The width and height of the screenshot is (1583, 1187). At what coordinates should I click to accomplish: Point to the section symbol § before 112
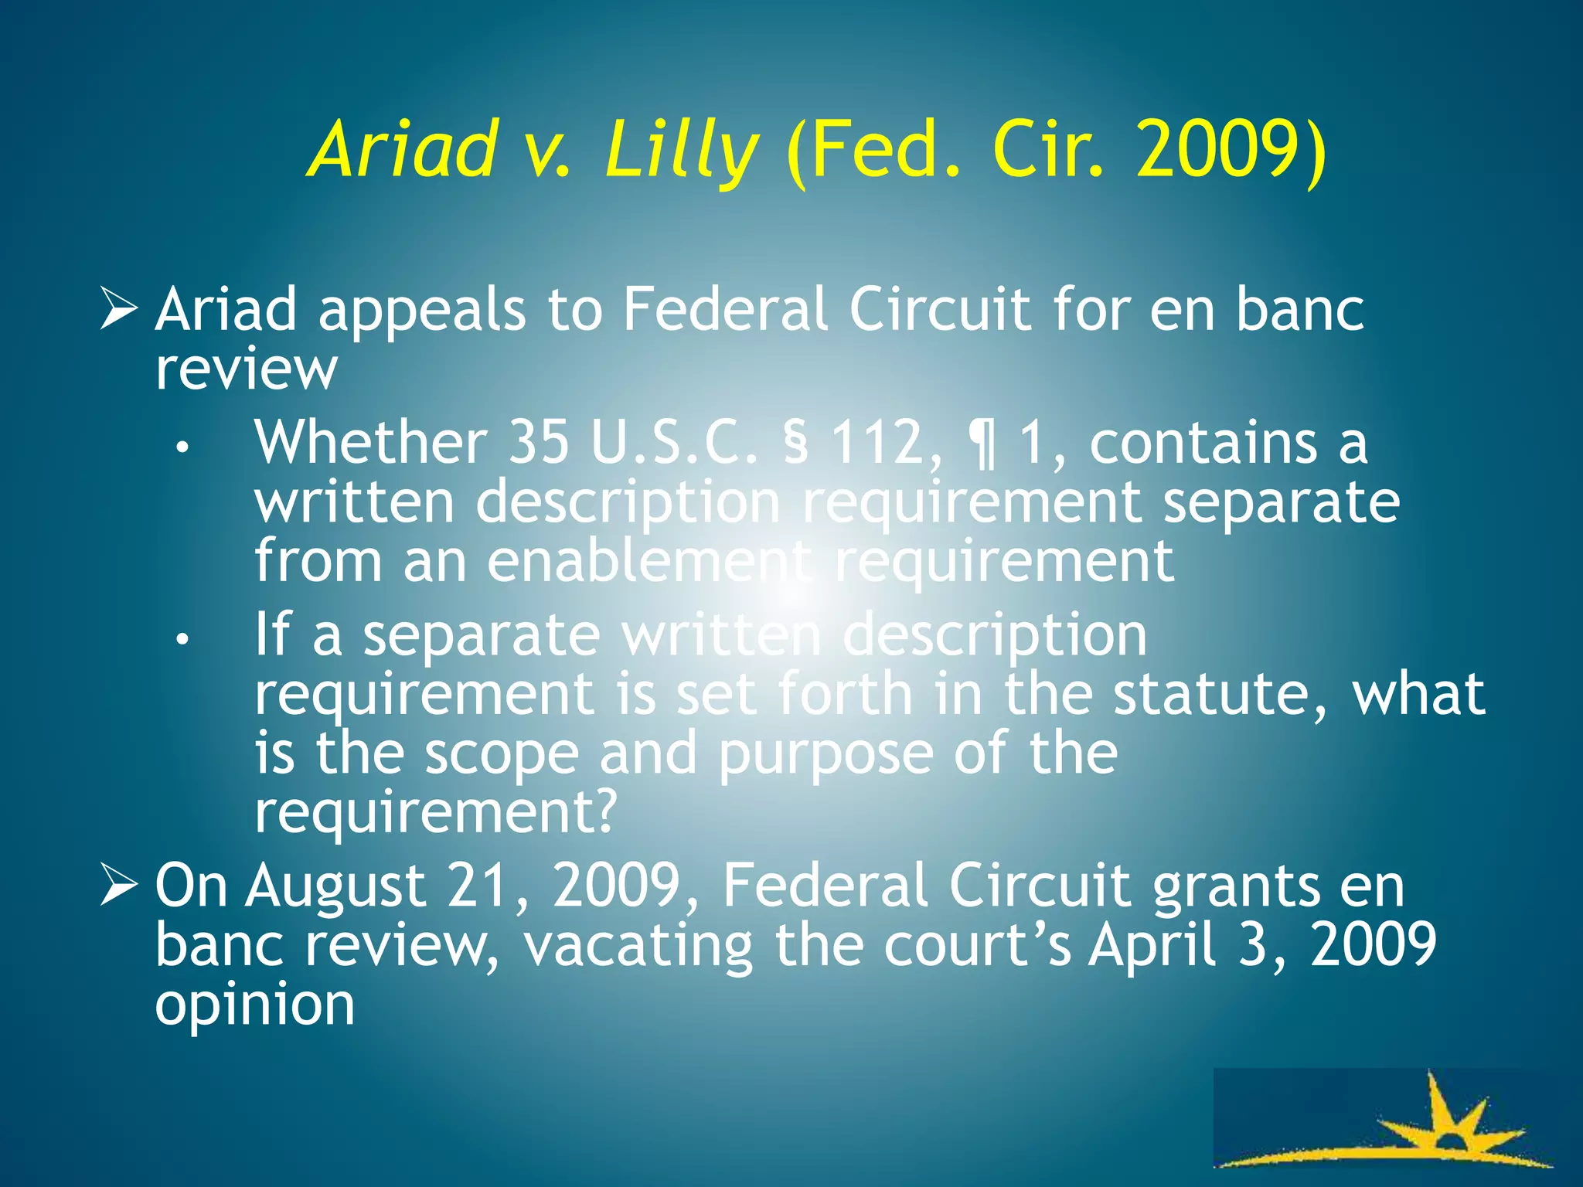(x=796, y=443)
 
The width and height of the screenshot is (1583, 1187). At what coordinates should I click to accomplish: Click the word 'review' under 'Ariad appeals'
(x=246, y=369)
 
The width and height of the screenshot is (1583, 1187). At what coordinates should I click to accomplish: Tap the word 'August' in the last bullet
(x=336, y=886)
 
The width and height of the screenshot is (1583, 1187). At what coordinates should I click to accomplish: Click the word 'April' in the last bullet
(x=1152, y=945)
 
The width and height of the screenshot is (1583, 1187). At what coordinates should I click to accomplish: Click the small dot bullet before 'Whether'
(x=182, y=447)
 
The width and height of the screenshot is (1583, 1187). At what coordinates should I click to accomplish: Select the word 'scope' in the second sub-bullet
(x=502, y=753)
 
